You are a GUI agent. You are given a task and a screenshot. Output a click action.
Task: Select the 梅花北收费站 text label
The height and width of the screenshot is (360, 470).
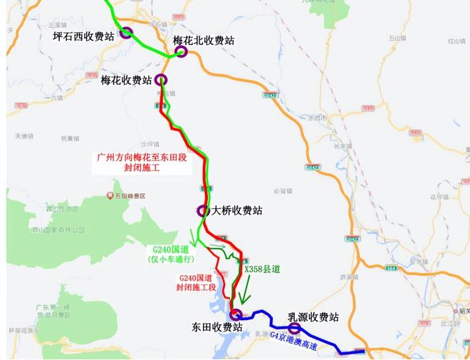[x=204, y=41]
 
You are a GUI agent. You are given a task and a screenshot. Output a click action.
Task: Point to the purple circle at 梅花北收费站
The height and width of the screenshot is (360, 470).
[x=181, y=51]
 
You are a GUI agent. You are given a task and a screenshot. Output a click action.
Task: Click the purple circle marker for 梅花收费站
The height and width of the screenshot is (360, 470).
[x=161, y=79]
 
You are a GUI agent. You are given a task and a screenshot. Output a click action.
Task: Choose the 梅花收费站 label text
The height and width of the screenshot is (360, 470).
[x=126, y=79]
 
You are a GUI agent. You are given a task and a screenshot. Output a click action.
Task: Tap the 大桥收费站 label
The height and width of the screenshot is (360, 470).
[x=237, y=211]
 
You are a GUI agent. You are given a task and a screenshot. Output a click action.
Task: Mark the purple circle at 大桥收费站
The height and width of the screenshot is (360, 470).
[x=202, y=211]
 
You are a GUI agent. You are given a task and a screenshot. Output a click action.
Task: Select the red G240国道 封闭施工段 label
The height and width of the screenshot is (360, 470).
[x=197, y=282]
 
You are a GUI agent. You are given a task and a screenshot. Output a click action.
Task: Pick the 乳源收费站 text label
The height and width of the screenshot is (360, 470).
[x=313, y=317]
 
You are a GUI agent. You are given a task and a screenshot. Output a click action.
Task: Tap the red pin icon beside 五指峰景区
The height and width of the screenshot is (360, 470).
[x=110, y=195]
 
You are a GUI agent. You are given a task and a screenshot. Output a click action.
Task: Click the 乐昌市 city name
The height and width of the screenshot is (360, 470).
[x=320, y=117]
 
